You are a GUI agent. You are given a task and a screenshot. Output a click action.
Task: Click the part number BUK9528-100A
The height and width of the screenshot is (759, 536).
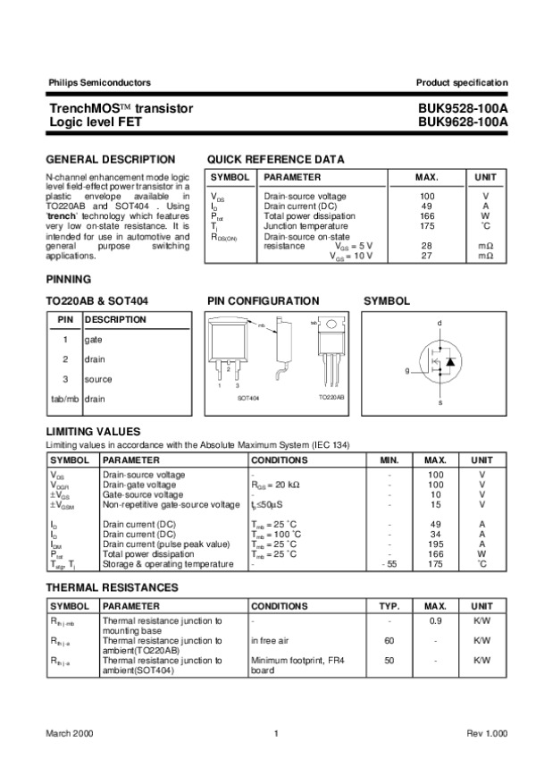pyautogui.click(x=462, y=107)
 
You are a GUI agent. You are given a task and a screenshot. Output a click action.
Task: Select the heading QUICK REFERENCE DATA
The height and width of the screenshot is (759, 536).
pyautogui.click(x=275, y=159)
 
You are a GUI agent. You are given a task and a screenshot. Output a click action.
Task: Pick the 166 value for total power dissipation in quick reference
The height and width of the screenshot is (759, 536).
pyautogui.click(x=426, y=216)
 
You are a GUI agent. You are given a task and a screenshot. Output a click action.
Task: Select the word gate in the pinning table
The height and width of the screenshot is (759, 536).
pyautogui.click(x=94, y=340)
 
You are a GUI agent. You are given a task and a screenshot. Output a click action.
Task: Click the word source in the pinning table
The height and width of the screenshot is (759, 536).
pyautogui.click(x=98, y=379)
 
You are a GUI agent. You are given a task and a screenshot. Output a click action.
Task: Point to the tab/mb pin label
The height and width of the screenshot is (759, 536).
pyautogui.click(x=64, y=399)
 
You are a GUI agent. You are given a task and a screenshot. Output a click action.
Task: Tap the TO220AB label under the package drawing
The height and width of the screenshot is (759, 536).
pyautogui.click(x=331, y=396)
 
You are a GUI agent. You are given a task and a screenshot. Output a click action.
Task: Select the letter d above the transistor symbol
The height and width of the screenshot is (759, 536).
pyautogui.click(x=440, y=322)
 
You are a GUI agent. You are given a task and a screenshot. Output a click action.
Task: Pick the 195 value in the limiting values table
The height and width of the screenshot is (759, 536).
pyautogui.click(x=435, y=544)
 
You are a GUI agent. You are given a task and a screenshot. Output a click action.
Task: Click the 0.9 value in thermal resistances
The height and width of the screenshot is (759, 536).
pyautogui.click(x=435, y=620)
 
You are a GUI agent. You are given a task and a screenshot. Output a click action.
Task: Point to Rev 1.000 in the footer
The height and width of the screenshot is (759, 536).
pyautogui.click(x=487, y=733)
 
